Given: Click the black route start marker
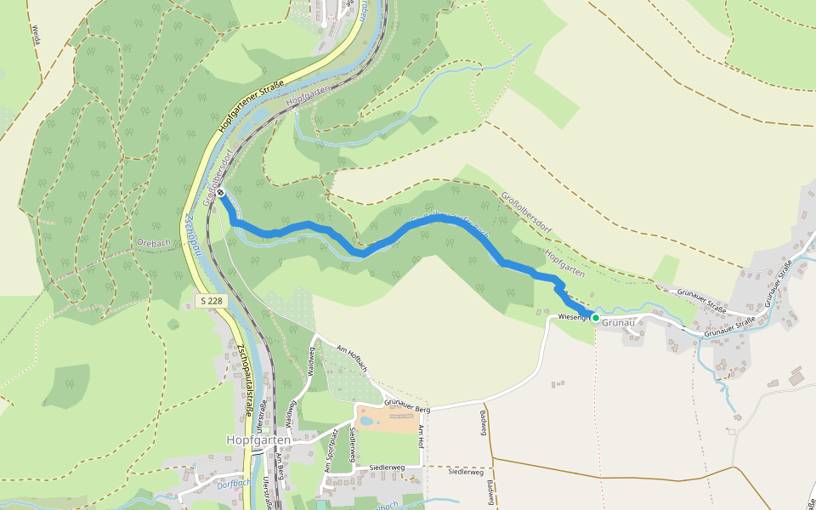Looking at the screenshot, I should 221,193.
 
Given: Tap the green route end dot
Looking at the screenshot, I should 596,317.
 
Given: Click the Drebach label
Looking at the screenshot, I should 154,242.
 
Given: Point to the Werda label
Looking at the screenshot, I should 36,34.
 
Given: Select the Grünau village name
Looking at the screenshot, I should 619,322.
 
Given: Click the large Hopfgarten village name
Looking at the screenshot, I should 258,439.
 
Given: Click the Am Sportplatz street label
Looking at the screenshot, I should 331,452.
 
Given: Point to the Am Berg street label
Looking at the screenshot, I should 280,463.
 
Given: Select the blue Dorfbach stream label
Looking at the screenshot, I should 232,484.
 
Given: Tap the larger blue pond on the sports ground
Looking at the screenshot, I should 366,421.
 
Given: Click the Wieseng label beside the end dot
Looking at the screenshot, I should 574,317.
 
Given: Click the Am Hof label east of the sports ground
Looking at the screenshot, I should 420,437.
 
